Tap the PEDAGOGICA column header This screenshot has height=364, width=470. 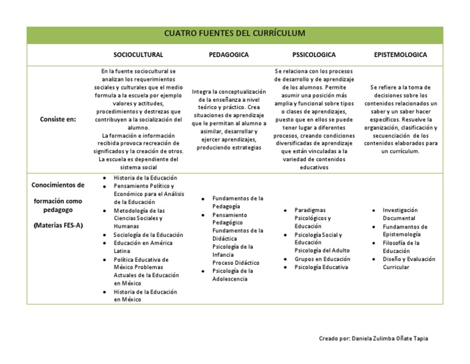(229, 55)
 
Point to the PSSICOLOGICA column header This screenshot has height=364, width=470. (314, 55)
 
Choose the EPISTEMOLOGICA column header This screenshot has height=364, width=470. (400, 55)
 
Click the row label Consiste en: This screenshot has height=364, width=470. (58, 119)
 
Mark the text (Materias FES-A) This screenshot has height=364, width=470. (58, 225)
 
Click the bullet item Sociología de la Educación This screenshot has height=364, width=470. (148, 235)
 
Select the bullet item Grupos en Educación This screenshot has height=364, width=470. (322, 259)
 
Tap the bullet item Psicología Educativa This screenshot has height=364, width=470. (321, 267)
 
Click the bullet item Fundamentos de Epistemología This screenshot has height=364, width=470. (405, 230)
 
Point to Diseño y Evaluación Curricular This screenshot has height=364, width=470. (408, 263)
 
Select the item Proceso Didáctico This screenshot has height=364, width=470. (236, 262)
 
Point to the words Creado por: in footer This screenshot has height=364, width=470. (335, 338)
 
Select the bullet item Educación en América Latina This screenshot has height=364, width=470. (143, 247)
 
